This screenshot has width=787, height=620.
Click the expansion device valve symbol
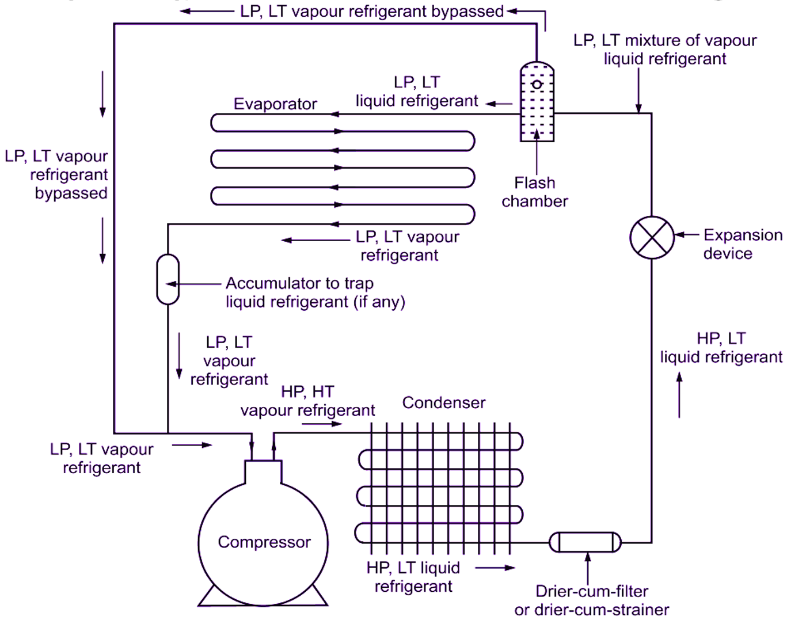[652, 238]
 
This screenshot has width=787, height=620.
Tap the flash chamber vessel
[537, 104]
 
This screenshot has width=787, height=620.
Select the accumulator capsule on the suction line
[168, 279]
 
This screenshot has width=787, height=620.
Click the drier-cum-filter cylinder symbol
[585, 542]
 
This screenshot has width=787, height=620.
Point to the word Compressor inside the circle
[264, 542]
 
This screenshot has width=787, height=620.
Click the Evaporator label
[275, 104]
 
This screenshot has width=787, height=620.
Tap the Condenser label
[443, 402]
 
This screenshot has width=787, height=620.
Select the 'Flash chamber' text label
[534, 192]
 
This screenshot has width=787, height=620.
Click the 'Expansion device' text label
[742, 244]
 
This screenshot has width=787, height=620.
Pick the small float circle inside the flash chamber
[537, 85]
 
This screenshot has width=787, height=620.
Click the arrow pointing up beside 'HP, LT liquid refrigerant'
[679, 395]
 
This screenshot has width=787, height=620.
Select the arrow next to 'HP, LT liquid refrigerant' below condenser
[495, 568]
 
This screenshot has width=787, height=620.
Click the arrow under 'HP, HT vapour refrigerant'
[321, 424]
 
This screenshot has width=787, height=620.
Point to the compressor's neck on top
[263, 473]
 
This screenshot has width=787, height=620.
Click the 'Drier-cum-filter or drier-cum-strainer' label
[591, 600]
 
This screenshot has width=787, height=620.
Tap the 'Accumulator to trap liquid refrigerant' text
[315, 292]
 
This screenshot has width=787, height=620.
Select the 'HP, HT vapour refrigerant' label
[307, 401]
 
